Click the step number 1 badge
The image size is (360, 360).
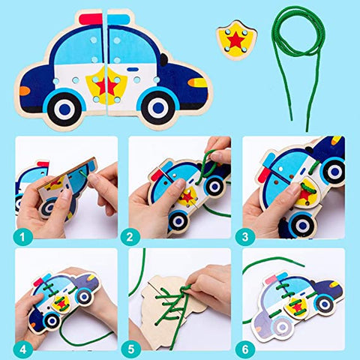(22, 237)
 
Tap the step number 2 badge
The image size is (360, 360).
(130, 237)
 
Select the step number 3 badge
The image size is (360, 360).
(245, 237)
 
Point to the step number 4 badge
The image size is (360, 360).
(22, 349)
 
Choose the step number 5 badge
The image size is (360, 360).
(130, 349)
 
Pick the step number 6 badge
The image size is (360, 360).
(245, 349)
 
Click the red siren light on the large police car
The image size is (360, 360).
(91, 19)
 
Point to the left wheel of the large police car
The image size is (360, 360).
(64, 108)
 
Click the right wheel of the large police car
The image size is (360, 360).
(158, 107)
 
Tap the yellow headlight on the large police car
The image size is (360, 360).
(198, 82)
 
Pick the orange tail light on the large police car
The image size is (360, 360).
(25, 91)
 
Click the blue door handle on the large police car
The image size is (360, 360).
(133, 69)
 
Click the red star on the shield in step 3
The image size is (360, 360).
(305, 194)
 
